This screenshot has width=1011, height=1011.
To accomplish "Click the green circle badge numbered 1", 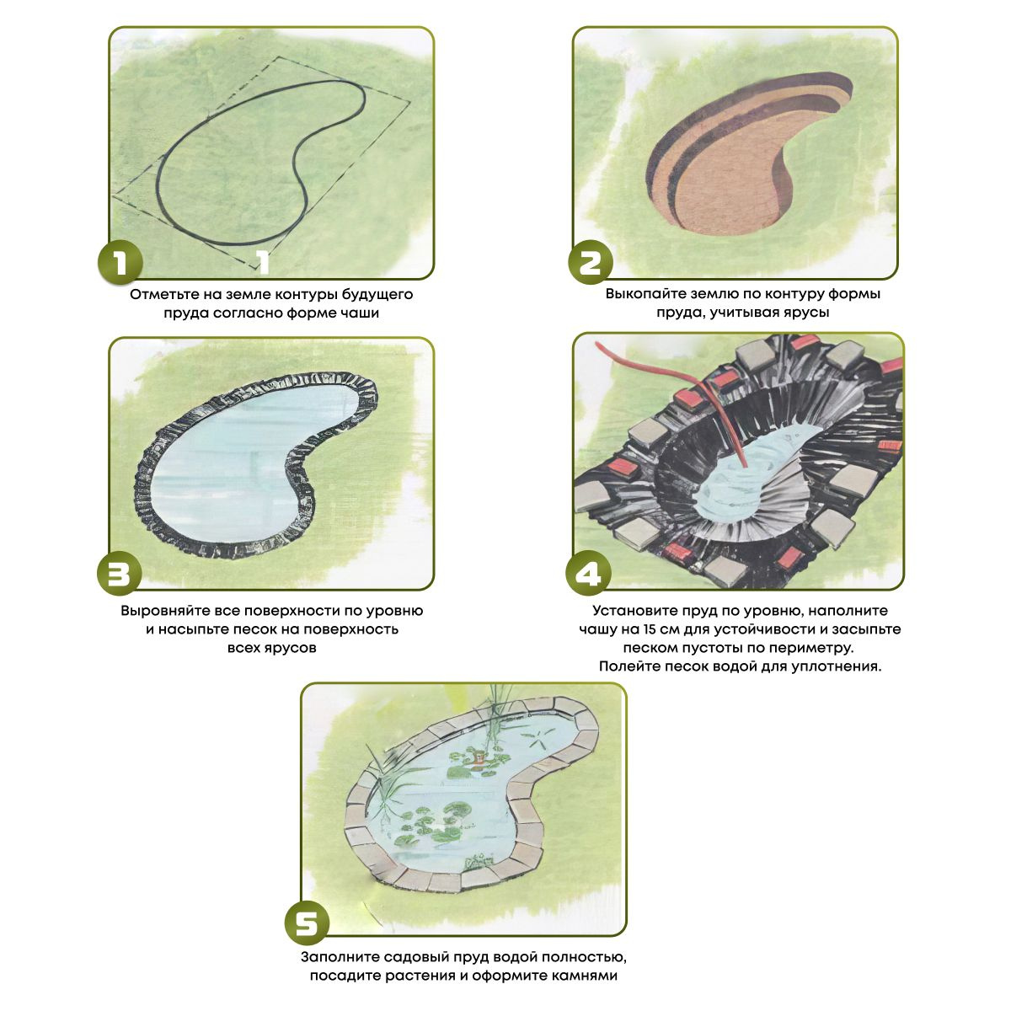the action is coord(120,262).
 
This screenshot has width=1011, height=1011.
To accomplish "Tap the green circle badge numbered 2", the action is coord(591,262).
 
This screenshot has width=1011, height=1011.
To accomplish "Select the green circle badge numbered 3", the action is coord(119,573).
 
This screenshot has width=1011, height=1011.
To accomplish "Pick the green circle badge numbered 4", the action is coord(588,573).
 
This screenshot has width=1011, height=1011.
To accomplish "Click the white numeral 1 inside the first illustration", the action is coord(263,262).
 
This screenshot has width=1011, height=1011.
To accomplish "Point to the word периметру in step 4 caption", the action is coord(810,649).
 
